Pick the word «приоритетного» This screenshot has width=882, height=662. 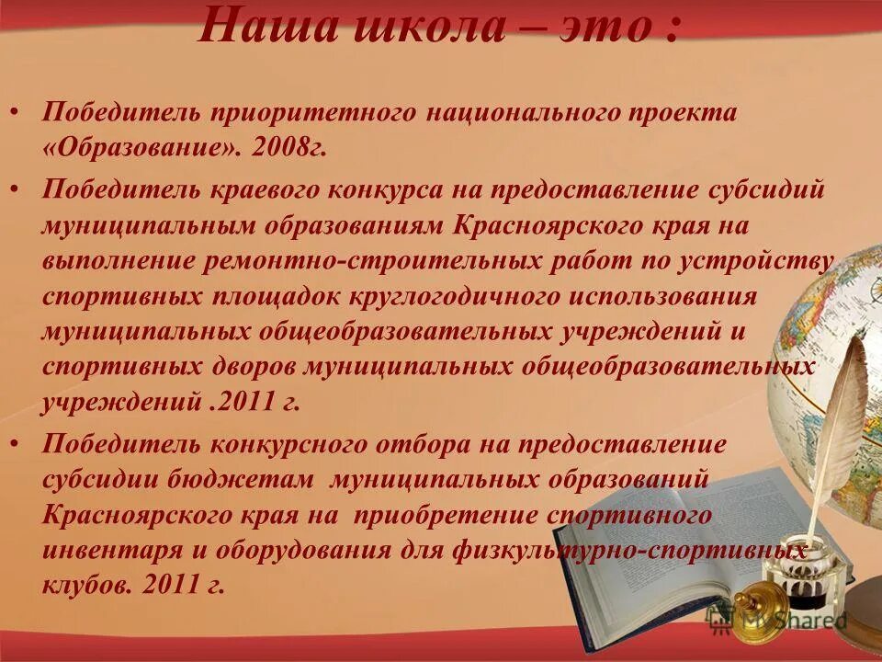tap(312, 113)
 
